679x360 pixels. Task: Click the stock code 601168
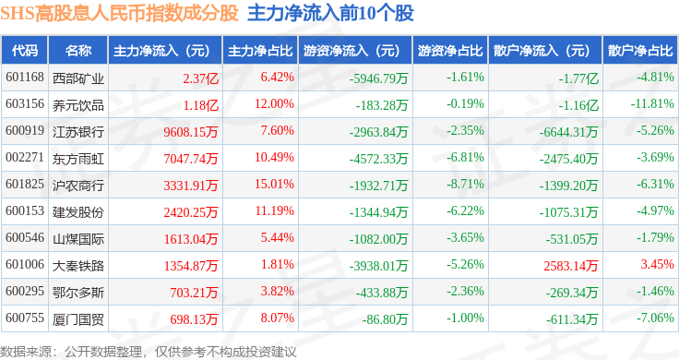25,78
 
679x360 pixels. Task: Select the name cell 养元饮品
78,105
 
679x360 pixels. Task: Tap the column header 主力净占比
260,51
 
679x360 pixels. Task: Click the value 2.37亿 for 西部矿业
200,78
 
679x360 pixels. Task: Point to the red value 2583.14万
571,266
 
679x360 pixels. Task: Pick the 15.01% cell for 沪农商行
274,184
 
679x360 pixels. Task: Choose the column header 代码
25,51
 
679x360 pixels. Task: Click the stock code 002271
25,157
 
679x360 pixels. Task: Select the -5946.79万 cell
379,78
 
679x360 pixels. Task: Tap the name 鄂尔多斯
78,293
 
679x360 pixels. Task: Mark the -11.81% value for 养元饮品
652,104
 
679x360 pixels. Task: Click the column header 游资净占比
450,51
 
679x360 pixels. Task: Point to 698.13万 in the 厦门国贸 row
194,319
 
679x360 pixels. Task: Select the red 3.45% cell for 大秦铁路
658,264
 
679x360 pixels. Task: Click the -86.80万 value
386,319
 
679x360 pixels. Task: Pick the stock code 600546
25,237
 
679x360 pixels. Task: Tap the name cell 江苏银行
78,132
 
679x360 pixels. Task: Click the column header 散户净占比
640,51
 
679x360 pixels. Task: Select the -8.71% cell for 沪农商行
465,184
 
